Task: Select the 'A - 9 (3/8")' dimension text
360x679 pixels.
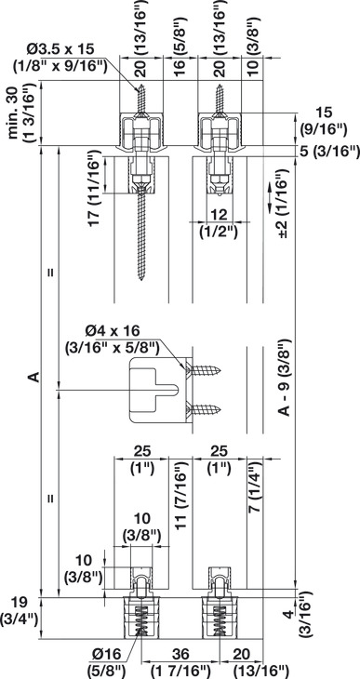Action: (284, 378)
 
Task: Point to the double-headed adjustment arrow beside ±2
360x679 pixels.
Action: (269, 198)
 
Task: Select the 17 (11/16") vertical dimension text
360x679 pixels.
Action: (96, 189)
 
